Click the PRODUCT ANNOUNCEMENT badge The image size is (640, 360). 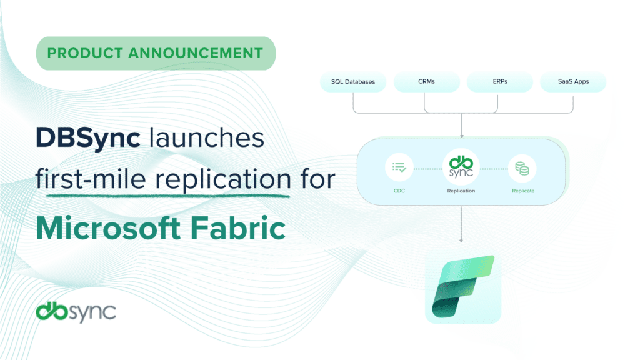click(156, 53)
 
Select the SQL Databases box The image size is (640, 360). click(354, 82)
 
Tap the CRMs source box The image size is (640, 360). click(427, 82)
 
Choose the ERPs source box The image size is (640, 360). click(500, 82)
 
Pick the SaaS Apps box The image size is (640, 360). click(573, 82)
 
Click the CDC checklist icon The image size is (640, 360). click(399, 167)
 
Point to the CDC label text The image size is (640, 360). click(399, 191)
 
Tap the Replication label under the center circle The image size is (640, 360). click(461, 191)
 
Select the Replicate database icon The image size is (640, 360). click(523, 167)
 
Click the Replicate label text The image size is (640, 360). click(523, 191)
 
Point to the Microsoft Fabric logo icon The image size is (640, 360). click(463, 288)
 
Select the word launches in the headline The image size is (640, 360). click(202, 139)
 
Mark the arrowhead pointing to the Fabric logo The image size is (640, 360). click(461, 239)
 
